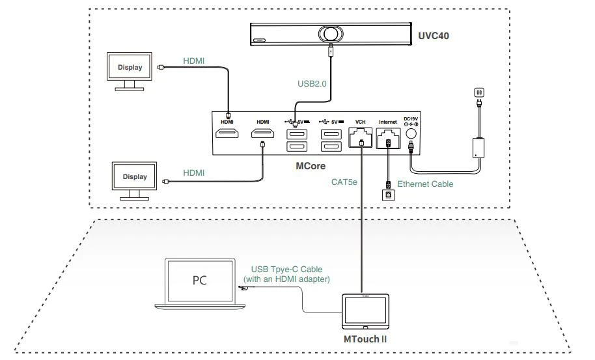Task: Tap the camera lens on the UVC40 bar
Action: coord(330,34)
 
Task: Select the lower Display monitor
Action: coord(135,176)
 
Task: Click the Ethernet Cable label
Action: coord(425,184)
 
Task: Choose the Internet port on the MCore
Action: coord(388,137)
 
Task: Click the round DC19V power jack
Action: coord(411,133)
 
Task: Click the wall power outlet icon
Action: coord(480,94)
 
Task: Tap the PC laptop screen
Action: coord(199,281)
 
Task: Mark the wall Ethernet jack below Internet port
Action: coord(388,194)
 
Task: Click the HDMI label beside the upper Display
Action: coord(193,61)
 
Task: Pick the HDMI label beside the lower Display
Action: coord(193,173)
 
